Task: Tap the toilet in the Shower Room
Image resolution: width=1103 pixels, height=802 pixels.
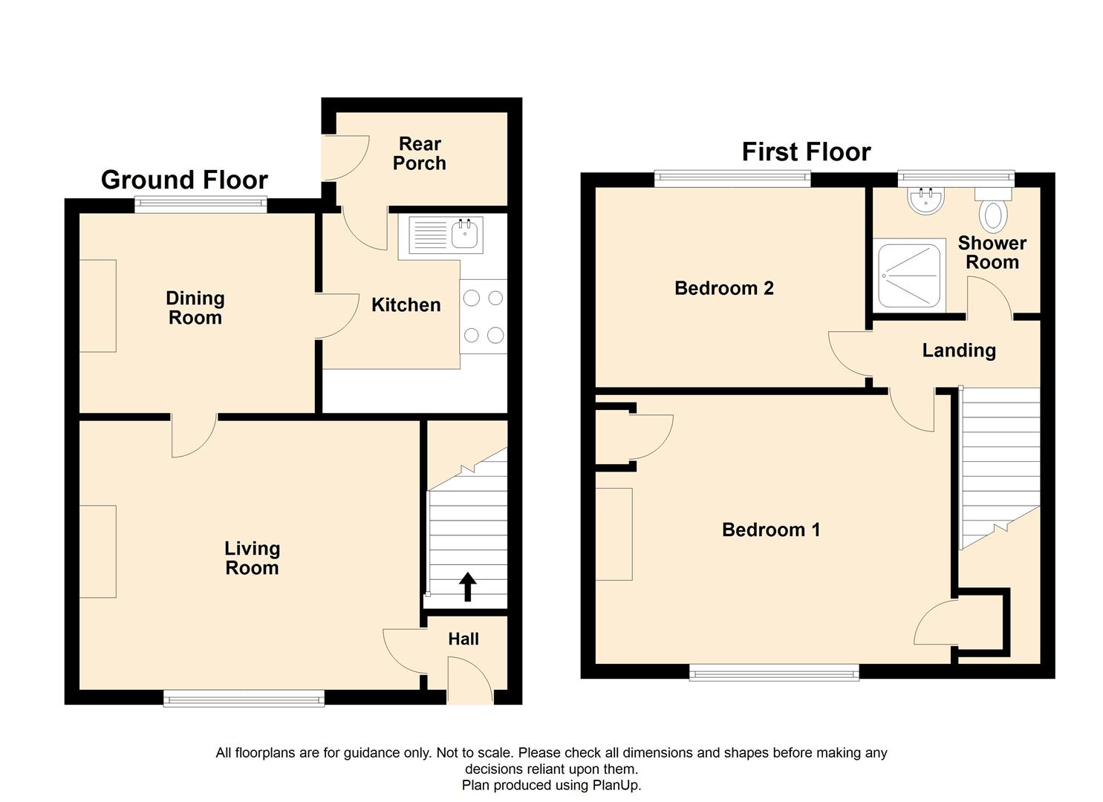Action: (x=993, y=209)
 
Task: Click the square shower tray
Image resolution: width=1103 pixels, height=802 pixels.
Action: (x=909, y=276)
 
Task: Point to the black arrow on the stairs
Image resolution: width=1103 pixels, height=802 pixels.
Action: (x=467, y=587)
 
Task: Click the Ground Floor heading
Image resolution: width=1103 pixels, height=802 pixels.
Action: (x=184, y=180)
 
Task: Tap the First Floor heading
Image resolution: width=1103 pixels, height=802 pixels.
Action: (x=806, y=151)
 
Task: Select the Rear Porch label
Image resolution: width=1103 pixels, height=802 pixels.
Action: (x=420, y=154)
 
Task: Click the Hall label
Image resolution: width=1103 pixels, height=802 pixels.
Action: (x=463, y=639)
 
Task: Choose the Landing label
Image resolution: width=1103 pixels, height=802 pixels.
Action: (x=959, y=351)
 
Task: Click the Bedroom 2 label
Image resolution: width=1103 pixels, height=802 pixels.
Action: (x=724, y=288)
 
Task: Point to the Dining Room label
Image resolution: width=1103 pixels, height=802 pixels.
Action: (x=195, y=307)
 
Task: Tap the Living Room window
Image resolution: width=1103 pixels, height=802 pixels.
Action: (x=244, y=698)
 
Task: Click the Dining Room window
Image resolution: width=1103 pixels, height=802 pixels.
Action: (x=201, y=205)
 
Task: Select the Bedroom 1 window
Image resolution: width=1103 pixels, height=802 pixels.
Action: (x=774, y=672)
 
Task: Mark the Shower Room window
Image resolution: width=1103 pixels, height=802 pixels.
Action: (x=956, y=179)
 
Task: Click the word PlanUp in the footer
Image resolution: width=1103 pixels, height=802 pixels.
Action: (x=616, y=785)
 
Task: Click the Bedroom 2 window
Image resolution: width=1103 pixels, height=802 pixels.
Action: (x=732, y=179)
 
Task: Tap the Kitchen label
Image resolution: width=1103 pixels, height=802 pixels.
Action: (x=406, y=305)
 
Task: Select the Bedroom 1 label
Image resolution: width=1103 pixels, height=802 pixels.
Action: (x=771, y=529)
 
